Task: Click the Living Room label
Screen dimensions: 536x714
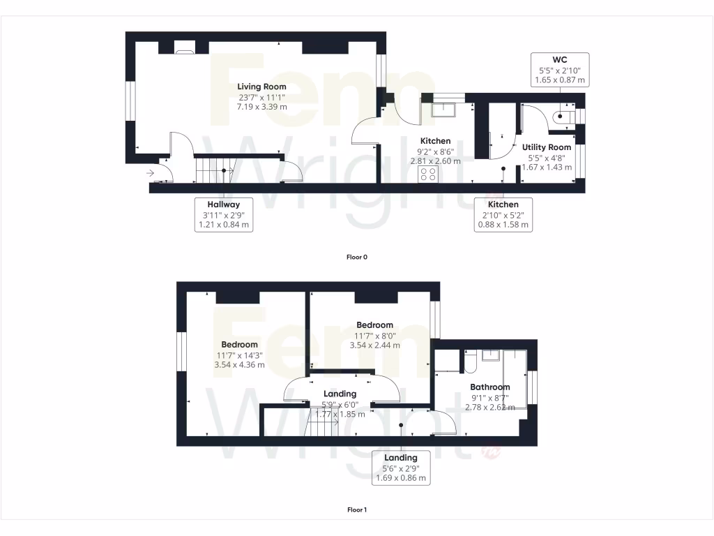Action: point(261,87)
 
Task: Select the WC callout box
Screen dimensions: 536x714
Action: point(560,70)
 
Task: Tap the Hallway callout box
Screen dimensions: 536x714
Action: point(223,214)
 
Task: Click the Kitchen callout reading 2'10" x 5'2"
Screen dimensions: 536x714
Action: point(503,214)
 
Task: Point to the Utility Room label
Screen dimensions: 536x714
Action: point(547,147)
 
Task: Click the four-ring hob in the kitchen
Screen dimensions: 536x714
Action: point(428,174)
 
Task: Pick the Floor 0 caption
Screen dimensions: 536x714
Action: point(357,257)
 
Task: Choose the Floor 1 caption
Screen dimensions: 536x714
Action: point(357,509)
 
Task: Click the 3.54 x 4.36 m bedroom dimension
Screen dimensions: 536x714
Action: point(239,364)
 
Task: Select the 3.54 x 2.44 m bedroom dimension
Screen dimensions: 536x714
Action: point(374,345)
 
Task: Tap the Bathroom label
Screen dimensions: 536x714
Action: point(489,387)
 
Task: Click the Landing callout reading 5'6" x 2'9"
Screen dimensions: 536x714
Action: point(401,468)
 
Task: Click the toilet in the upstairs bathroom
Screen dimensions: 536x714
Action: point(469,362)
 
